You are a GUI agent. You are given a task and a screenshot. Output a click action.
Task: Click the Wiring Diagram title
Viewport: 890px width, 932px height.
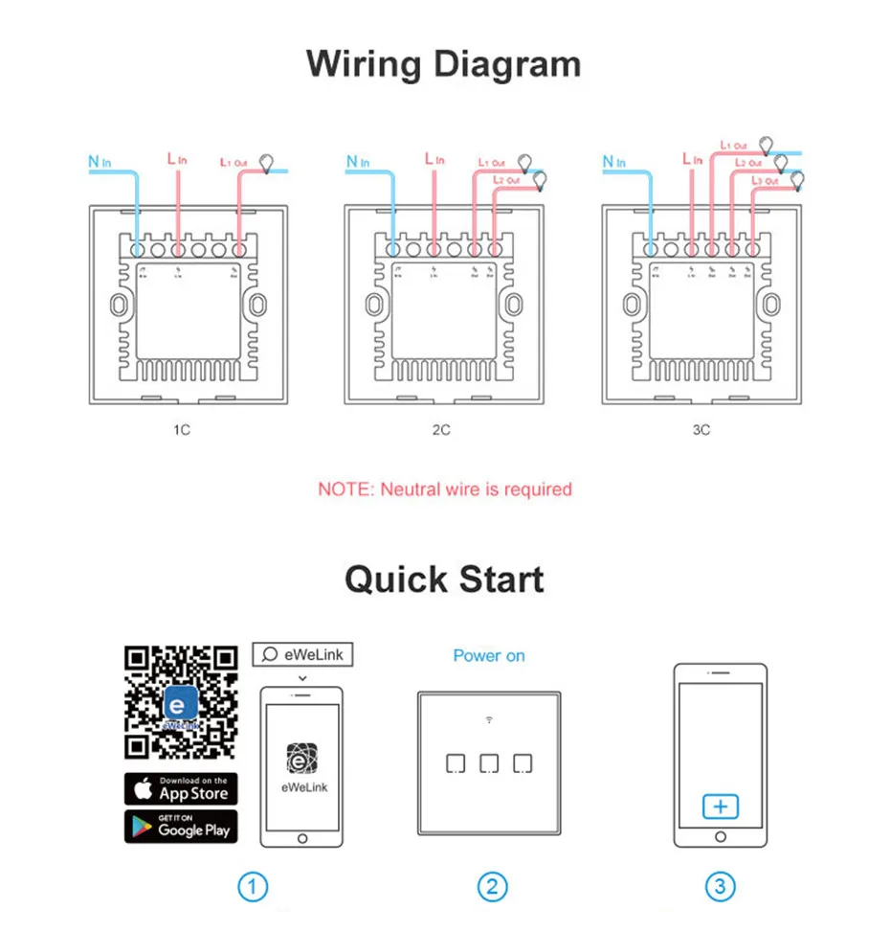coord(443,64)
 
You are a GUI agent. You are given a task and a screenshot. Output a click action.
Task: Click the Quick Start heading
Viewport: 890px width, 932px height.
coord(444,580)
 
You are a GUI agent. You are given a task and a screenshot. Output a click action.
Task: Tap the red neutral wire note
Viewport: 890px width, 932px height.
coord(444,489)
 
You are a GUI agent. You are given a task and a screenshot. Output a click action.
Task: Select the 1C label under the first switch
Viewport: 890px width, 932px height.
coord(181,430)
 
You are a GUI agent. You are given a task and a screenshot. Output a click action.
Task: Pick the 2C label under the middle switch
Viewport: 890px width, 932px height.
coord(440,430)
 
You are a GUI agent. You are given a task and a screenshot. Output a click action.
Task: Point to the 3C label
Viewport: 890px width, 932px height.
coord(701,430)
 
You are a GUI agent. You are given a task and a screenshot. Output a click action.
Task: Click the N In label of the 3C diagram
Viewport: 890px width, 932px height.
coord(613,162)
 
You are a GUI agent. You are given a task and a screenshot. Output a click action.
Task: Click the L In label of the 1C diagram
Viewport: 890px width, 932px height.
coord(178,159)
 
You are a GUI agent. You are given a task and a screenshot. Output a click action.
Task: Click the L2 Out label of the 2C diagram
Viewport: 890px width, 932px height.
coord(507,180)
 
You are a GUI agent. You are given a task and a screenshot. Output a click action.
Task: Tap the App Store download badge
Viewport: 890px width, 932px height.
coord(181,788)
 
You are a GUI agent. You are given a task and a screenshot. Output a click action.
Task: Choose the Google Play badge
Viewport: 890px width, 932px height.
coord(181,827)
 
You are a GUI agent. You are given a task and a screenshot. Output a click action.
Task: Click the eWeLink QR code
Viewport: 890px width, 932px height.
coord(181,703)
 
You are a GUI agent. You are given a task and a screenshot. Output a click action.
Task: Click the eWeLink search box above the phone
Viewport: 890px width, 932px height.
coord(302,654)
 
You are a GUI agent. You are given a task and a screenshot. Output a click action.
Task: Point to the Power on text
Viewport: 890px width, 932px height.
coord(489,656)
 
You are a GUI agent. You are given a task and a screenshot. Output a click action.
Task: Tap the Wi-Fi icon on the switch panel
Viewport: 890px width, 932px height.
coord(489,718)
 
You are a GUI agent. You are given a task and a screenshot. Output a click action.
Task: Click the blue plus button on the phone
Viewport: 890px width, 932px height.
coord(720,807)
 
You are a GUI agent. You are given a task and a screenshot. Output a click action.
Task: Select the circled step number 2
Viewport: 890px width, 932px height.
coord(491,887)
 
